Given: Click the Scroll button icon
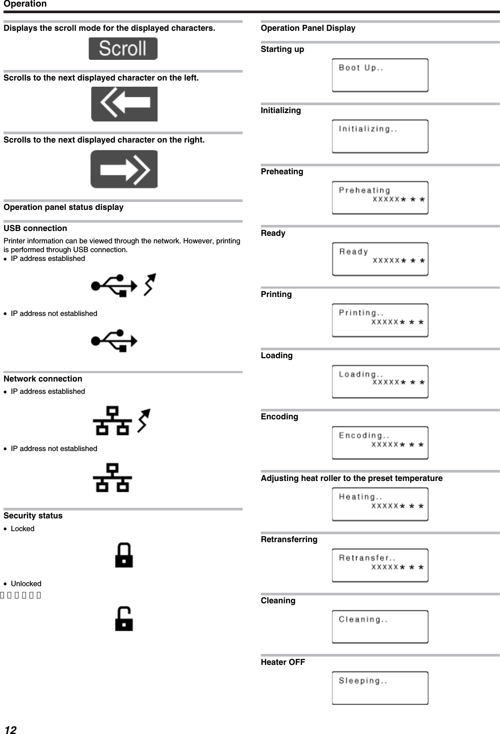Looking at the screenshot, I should pyautogui.click(x=123, y=48).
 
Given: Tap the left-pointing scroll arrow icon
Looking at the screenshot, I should pyautogui.click(x=124, y=104).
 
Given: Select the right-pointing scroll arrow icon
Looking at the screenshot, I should pyautogui.click(x=124, y=169).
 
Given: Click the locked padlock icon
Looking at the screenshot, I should pyautogui.click(x=124, y=555).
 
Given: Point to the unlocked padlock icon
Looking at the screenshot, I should pyautogui.click(x=124, y=618).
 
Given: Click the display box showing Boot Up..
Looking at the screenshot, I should pyautogui.click(x=380, y=75).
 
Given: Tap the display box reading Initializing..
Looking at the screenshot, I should pyautogui.click(x=380, y=136).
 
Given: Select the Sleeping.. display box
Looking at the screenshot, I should pyautogui.click(x=380, y=688).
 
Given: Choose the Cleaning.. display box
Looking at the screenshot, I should pyautogui.click(x=380, y=627).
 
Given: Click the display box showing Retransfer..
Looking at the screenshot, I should pyautogui.click(x=380, y=565).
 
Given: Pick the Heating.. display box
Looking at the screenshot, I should pyautogui.click(x=380, y=504).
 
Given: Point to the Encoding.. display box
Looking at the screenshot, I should pyautogui.click(x=380, y=443).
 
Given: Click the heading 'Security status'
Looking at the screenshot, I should pyautogui.click(x=33, y=516).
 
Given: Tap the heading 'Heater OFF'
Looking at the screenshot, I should pyautogui.click(x=283, y=662).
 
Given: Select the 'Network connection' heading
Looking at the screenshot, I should pyautogui.click(x=43, y=379).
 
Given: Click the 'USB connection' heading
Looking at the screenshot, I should pyautogui.click(x=35, y=228).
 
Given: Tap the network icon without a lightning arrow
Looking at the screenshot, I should pyautogui.click(x=113, y=477).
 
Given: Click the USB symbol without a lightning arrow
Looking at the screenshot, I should pyautogui.click(x=114, y=341).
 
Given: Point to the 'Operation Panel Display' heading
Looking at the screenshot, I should pyautogui.click(x=308, y=28).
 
